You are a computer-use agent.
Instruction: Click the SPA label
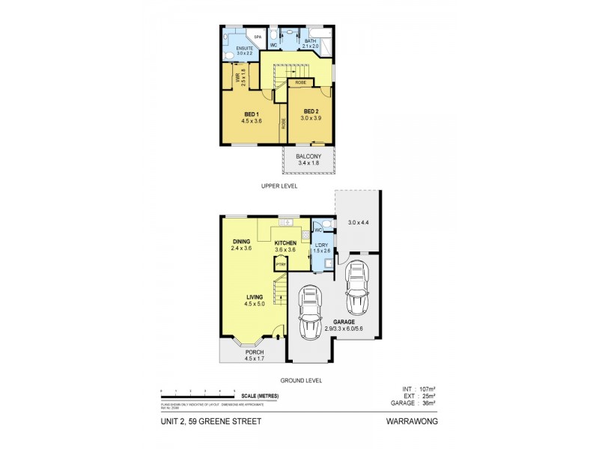tap(257, 37)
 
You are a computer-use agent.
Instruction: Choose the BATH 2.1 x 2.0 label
tap(310, 43)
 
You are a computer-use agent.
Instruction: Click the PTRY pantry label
tap(281, 264)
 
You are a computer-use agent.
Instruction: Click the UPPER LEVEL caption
tap(279, 186)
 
